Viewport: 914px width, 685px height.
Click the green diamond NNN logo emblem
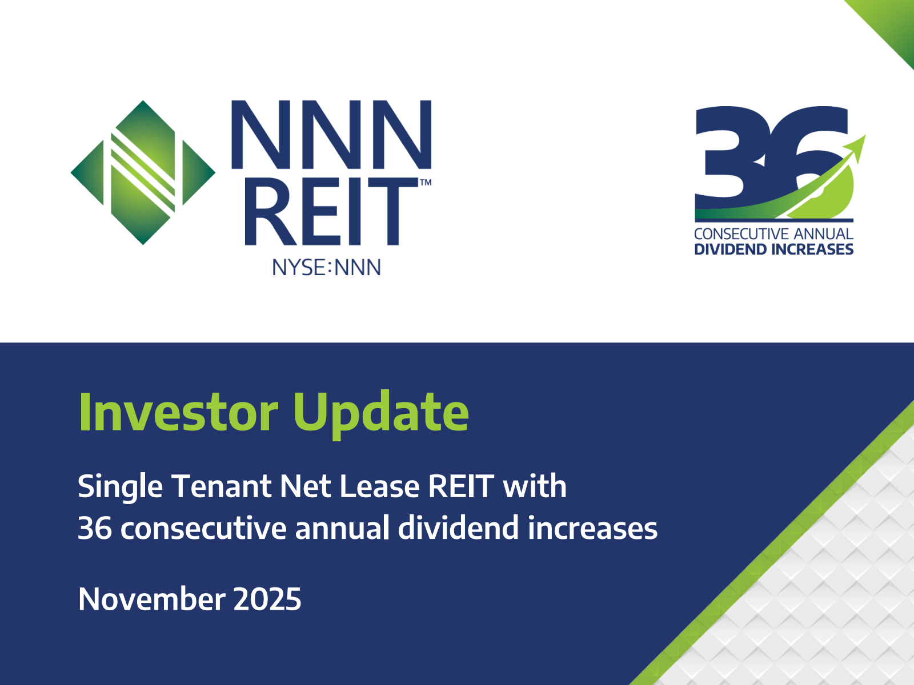pyautogui.click(x=143, y=172)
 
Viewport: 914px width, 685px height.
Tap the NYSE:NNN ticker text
pyautogui.click(x=326, y=267)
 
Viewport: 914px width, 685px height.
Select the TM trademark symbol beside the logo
pyautogui.click(x=426, y=182)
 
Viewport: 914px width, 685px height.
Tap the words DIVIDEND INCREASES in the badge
pyautogui.click(x=773, y=249)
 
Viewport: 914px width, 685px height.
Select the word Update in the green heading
pyautogui.click(x=380, y=414)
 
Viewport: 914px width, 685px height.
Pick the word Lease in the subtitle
pyautogui.click(x=379, y=486)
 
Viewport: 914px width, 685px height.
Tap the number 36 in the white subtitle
pyautogui.click(x=94, y=528)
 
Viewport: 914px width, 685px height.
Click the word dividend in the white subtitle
pyautogui.click(x=458, y=527)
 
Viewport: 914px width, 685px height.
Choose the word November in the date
pyautogui.click(x=151, y=599)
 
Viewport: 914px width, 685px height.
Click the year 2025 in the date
pyautogui.click(x=267, y=599)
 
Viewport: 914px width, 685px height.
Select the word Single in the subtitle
pyautogui.click(x=120, y=487)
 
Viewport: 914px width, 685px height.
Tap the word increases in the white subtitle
pyautogui.click(x=592, y=528)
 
